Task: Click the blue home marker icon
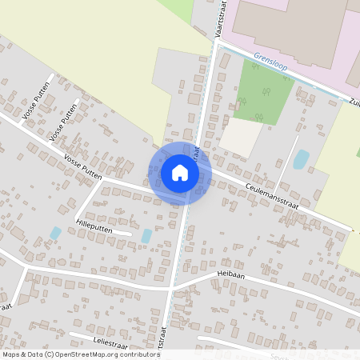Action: pyautogui.click(x=180, y=172)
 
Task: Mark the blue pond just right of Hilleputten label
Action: pyautogui.click(x=146, y=236)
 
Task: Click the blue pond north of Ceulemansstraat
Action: pyautogui.click(x=301, y=159)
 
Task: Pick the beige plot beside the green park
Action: pyautogui.click(x=241, y=138)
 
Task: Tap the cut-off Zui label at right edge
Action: pyautogui.click(x=354, y=102)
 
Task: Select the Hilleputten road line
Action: pyautogui.click(x=100, y=232)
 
